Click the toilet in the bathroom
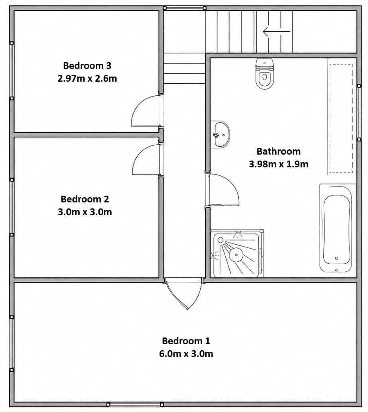tap(265, 74)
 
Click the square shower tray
tap(237, 253)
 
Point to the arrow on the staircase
tap(277, 31)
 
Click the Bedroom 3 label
tap(87, 65)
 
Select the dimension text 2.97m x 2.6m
tap(87, 78)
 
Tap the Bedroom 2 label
tap(85, 199)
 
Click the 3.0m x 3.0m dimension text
tap(85, 212)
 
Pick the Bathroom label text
tap(279, 151)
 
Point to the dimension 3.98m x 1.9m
tap(279, 164)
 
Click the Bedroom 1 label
tap(186, 341)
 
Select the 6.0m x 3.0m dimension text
tap(186, 354)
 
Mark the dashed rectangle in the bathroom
tap(341, 119)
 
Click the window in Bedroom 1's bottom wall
tap(134, 404)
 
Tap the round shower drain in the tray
tap(236, 255)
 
